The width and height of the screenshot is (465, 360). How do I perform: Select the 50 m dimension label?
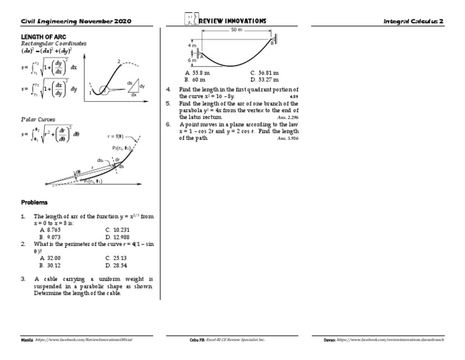(x=237, y=30)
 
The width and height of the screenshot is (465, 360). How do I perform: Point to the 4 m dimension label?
(x=191, y=45)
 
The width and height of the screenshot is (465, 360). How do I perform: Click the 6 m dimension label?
(x=191, y=60)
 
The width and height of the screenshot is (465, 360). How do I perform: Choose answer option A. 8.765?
(x=50, y=230)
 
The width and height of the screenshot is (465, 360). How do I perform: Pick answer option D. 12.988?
(x=117, y=237)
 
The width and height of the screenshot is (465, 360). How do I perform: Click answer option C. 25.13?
(x=116, y=258)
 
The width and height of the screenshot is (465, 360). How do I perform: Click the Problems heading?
(x=35, y=202)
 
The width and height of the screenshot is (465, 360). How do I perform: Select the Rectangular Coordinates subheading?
(x=54, y=44)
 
